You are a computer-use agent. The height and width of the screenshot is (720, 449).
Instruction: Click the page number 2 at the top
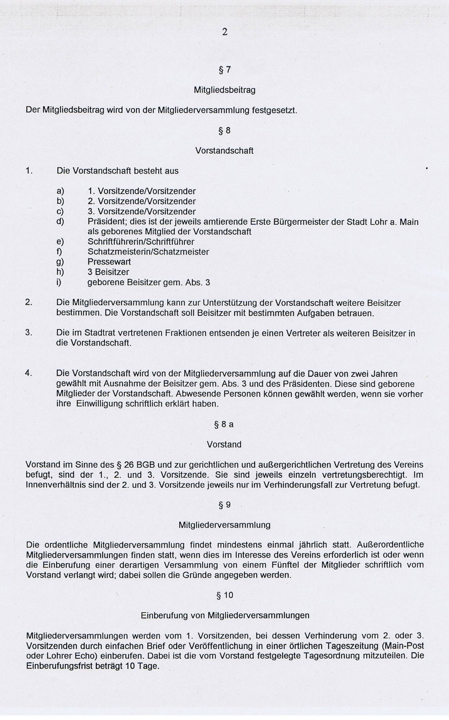(x=224, y=32)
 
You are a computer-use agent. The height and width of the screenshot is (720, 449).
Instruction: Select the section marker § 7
(x=224, y=70)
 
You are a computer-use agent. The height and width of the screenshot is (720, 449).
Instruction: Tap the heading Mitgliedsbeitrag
(x=224, y=90)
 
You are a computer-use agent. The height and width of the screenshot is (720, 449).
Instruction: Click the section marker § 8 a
(x=224, y=425)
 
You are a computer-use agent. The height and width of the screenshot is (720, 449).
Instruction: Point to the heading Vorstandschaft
(x=224, y=151)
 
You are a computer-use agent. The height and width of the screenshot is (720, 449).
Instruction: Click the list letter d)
(x=60, y=222)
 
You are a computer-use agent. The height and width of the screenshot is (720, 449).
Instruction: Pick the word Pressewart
(x=109, y=262)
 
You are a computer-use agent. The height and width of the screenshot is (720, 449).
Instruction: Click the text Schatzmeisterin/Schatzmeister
(x=148, y=252)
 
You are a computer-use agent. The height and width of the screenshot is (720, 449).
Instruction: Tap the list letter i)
(x=59, y=282)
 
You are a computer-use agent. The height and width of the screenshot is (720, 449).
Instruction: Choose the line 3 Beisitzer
(x=108, y=272)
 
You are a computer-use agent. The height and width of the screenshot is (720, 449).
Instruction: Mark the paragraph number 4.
(x=29, y=373)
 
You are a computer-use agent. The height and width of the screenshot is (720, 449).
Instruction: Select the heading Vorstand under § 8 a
(x=224, y=445)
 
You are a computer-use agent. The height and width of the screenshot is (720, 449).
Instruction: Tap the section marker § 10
(x=225, y=595)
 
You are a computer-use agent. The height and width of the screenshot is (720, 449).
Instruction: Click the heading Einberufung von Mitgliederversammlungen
(x=225, y=615)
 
